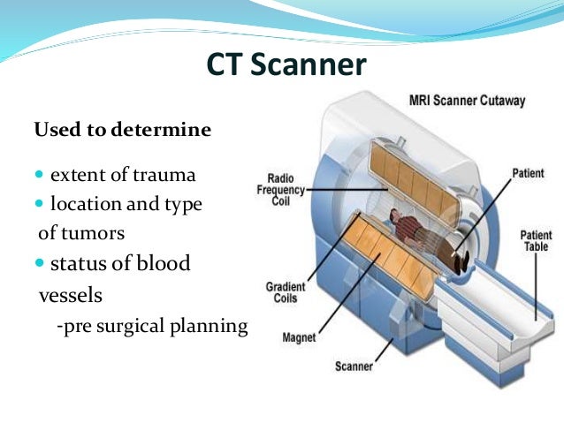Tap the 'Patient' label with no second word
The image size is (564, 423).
[x=528, y=174]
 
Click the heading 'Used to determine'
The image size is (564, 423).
[x=122, y=131]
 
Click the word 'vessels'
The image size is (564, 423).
[x=70, y=294]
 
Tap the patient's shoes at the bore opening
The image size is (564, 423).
[x=462, y=260]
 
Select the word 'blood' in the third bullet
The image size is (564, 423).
[x=162, y=263]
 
